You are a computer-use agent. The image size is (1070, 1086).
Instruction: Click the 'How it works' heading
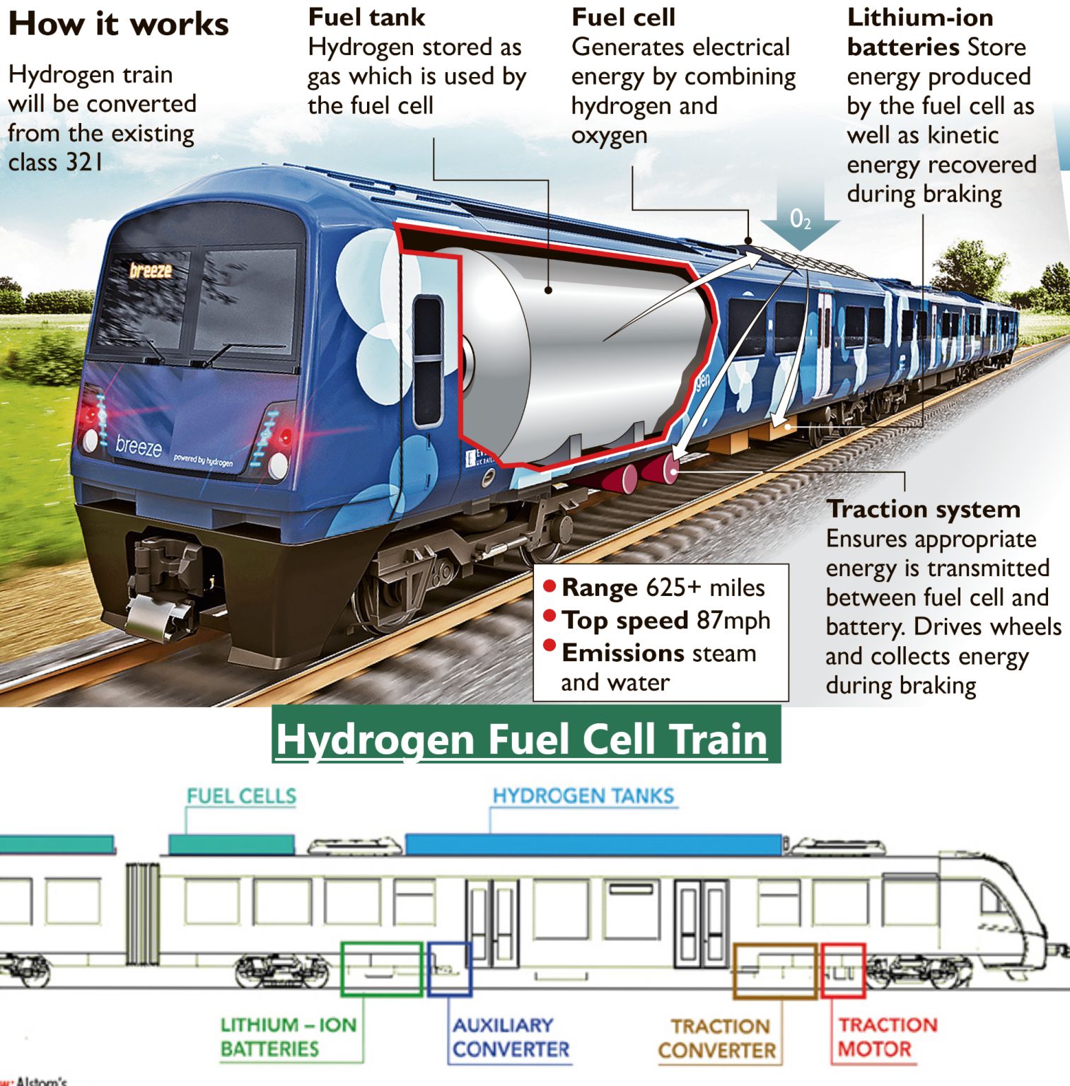pos(118,24)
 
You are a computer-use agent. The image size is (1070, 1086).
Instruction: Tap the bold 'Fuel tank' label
pos(366,17)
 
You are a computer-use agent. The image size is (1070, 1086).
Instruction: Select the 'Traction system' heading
pos(924,509)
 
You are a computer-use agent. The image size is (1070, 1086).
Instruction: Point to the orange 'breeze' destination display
pos(151,270)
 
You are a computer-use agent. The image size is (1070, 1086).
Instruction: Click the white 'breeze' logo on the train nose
pos(139,446)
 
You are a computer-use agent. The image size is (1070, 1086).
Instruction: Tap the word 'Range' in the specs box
pos(600,588)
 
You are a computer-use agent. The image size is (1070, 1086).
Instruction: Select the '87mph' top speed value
pos(733,620)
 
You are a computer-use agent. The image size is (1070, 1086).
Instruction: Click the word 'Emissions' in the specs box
pos(622,653)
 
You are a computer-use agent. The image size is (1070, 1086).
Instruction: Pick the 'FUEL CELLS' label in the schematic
pos(241,796)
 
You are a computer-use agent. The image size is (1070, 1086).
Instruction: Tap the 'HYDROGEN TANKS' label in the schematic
pos(583,795)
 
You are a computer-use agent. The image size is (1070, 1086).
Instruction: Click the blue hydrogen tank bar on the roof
pos(593,844)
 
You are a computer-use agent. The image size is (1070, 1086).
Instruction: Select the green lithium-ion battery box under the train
pos(382,969)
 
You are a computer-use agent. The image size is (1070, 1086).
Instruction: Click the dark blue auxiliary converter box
pos(449,969)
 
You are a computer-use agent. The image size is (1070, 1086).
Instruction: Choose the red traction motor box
pos(843,970)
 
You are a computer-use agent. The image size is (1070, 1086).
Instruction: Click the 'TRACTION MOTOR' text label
pos(888,1037)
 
